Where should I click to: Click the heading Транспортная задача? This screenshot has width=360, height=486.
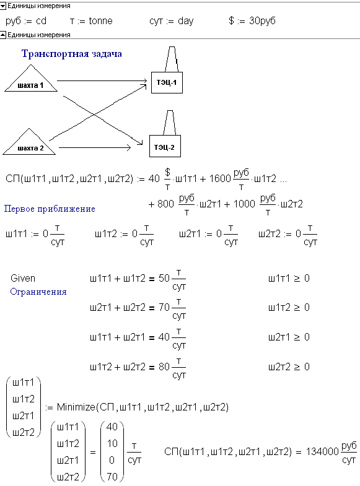coord(72,54)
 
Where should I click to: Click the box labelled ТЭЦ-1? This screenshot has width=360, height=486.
coord(167,82)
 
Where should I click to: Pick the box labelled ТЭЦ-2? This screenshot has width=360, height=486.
coord(165,146)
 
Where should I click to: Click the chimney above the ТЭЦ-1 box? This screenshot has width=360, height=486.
coord(172,59)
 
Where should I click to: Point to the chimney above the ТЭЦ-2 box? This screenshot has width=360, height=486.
coord(170,123)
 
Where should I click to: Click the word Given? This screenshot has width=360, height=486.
coord(23,278)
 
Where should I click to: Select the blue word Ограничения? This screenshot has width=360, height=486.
coord(38,292)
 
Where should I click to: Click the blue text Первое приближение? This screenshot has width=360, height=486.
coord(50,209)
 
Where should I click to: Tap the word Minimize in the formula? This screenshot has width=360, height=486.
coord(76,407)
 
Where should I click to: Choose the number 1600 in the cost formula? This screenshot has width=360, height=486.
coord(220,178)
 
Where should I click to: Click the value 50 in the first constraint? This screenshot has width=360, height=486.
coord(164,278)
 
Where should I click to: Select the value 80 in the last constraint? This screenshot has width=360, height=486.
coord(164,367)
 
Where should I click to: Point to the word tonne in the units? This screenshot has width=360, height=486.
coord(101,21)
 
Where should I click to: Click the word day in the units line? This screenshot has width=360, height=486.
coord(185,21)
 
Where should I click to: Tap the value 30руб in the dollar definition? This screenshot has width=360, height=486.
coord(262,21)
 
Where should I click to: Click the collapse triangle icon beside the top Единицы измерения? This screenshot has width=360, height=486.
coord(3,6)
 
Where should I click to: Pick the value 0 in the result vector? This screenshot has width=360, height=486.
coord(112,460)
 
